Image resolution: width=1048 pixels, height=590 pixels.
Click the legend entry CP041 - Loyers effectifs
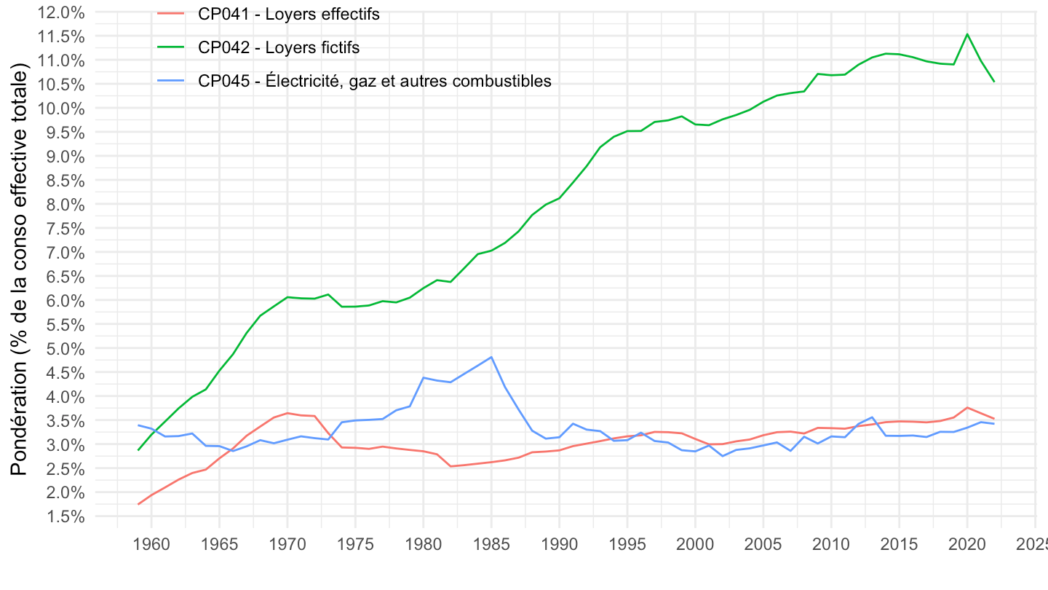(288, 14)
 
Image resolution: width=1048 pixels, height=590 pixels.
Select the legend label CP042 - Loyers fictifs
(279, 47)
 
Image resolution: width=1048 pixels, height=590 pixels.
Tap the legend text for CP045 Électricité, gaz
(374, 81)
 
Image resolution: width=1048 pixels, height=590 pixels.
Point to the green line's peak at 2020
(967, 34)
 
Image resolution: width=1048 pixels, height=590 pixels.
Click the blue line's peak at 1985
(492, 357)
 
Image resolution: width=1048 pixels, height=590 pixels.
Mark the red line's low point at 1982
(451, 466)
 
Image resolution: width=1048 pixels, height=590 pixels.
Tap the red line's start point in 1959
(138, 504)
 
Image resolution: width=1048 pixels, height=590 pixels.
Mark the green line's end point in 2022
(994, 82)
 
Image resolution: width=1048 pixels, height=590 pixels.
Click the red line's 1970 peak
(287, 413)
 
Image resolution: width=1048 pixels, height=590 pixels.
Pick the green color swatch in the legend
(171, 47)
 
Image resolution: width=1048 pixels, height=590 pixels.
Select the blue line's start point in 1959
(138, 425)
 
